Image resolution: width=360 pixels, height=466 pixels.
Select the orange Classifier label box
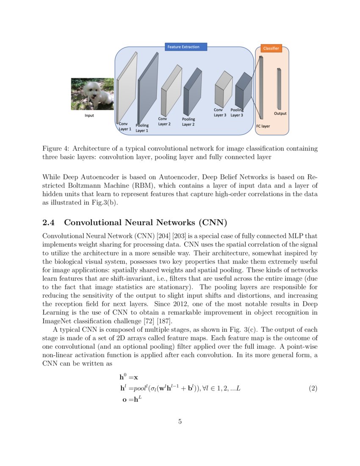pyautogui.click(x=271, y=48)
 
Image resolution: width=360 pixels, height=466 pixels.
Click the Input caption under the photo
pyautogui.click(x=90, y=115)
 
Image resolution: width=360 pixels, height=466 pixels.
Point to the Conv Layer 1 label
pyautogui.click(x=125, y=126)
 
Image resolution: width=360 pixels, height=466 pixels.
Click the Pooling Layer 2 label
pyautogui.click(x=188, y=122)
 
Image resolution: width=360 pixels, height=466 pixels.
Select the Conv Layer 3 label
pyautogui.click(x=220, y=112)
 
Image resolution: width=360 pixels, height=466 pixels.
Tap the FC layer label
pyautogui.click(x=263, y=126)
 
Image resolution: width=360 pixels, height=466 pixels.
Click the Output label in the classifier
pyautogui.click(x=280, y=114)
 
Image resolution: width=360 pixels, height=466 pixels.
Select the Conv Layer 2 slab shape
pyautogui.click(x=171, y=91)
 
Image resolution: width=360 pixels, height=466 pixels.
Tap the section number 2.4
pyautogui.click(x=50, y=223)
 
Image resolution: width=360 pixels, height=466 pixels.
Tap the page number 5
pyautogui.click(x=180, y=422)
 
